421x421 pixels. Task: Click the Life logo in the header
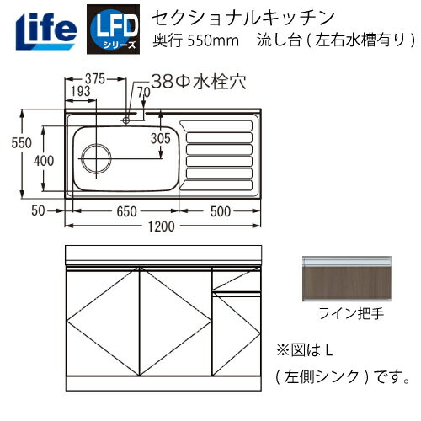[x=40, y=27]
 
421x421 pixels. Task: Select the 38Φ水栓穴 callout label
[x=191, y=82]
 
